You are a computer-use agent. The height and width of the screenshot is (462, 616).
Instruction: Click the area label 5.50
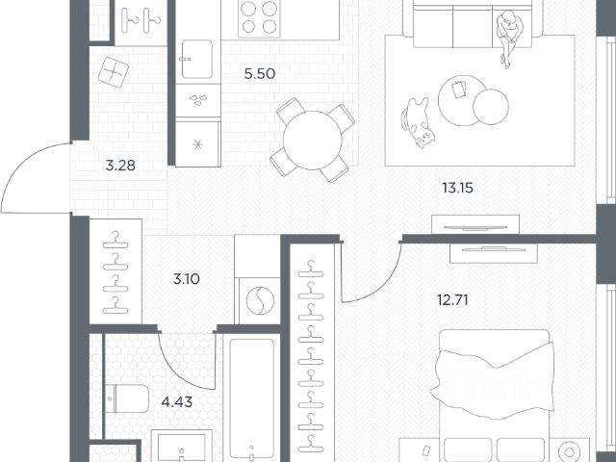259,73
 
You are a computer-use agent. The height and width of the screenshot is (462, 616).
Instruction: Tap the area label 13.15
457,188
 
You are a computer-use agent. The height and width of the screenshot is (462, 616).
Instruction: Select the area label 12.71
452,300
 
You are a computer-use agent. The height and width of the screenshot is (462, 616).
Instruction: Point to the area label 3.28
120,166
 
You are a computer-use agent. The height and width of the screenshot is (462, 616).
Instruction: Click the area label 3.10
186,279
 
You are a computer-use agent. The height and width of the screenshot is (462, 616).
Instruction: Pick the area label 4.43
177,402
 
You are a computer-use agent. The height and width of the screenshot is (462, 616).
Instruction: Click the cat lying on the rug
417,122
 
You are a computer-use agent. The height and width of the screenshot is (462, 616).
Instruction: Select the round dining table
312,141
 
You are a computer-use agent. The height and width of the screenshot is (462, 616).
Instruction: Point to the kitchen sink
196,59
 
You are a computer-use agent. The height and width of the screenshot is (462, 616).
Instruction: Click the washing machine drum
260,300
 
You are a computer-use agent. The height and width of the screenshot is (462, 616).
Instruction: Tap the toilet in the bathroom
126,398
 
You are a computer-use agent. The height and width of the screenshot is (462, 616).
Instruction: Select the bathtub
251,398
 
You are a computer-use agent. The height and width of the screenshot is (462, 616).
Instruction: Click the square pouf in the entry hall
114,72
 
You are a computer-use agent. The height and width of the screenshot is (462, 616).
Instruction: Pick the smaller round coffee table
491,107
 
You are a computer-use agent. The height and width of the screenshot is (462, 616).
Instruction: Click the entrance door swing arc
24,161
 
